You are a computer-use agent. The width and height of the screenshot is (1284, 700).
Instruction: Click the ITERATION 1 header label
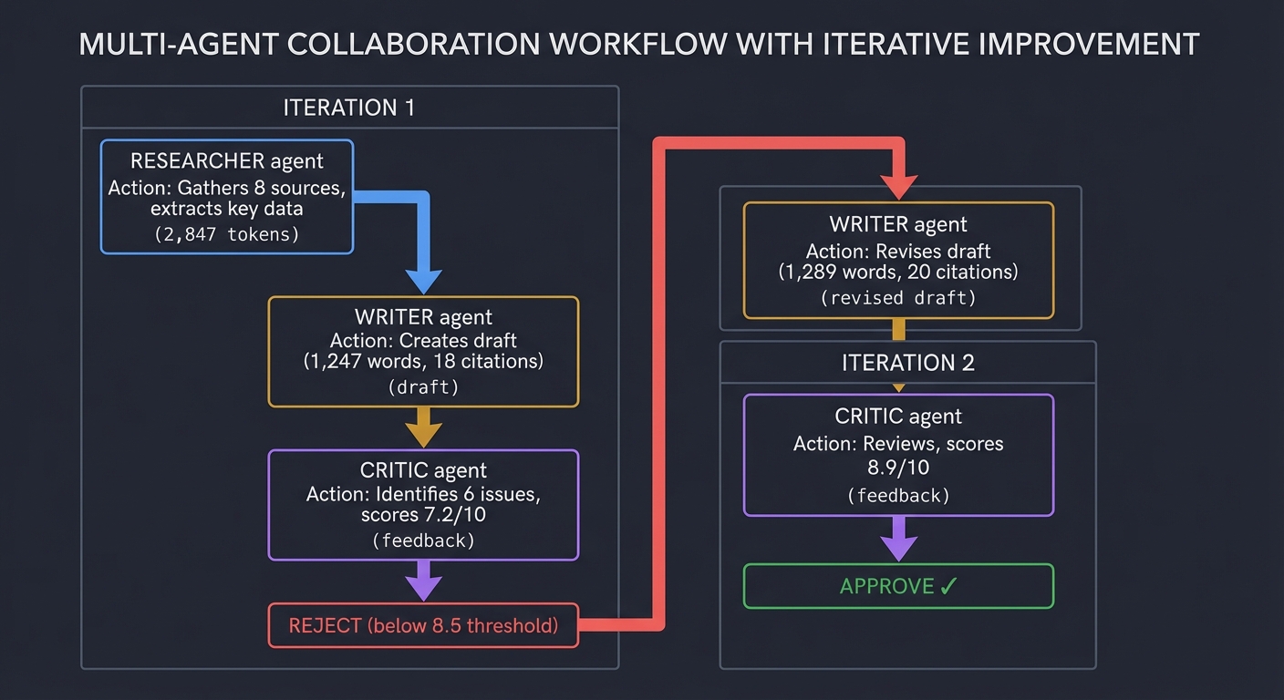[x=349, y=108]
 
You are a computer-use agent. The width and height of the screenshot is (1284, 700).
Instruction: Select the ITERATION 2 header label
[x=907, y=363]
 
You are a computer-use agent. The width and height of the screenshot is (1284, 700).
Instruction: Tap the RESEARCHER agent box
[x=226, y=196]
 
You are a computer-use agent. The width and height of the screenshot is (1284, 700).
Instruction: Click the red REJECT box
[x=423, y=625]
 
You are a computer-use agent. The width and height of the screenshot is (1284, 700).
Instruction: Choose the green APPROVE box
[x=898, y=586]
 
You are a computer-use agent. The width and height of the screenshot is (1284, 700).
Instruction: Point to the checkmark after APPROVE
[x=948, y=587]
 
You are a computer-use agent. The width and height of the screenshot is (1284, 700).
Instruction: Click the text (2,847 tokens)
[x=226, y=234]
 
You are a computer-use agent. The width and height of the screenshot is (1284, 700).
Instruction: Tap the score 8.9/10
[x=898, y=468]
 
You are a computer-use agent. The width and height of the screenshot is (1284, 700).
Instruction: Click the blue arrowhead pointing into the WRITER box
[x=423, y=281]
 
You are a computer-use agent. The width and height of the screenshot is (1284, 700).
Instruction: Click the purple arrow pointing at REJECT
[x=423, y=582]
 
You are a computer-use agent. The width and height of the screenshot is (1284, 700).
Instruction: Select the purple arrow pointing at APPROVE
[x=898, y=540]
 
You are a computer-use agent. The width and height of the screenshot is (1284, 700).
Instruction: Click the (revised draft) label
[x=898, y=297]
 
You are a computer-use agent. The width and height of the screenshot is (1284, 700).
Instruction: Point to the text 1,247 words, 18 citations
[x=423, y=362]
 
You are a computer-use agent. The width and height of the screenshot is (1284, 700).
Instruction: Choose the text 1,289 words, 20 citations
[x=898, y=272]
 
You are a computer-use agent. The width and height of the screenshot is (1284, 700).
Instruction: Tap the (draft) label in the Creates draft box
[x=423, y=386]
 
